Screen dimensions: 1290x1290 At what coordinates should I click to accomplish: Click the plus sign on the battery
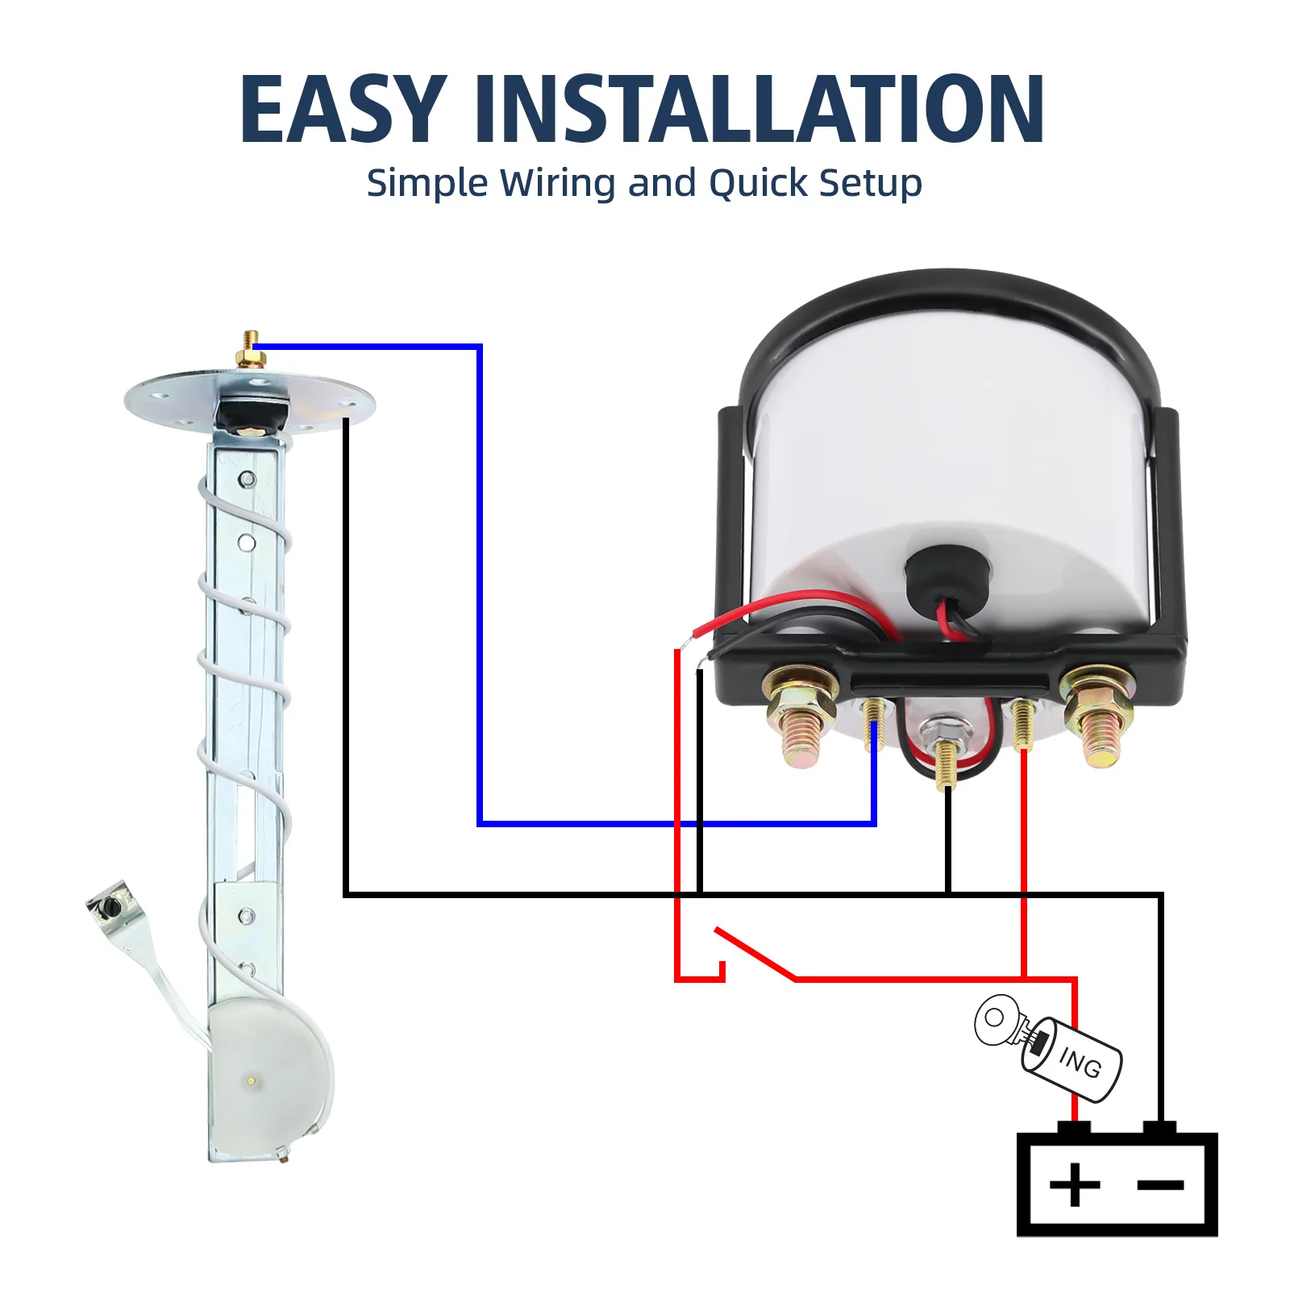tap(1075, 1184)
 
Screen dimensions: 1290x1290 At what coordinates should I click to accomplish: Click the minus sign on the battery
tap(1160, 1184)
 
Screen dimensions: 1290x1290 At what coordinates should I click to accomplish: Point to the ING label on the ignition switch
tap(1080, 1062)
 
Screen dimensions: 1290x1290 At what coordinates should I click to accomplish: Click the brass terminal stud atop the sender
tap(252, 350)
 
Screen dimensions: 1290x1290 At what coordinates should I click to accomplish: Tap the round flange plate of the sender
tap(250, 400)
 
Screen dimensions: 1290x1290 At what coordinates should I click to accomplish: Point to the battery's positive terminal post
tap(1074, 1128)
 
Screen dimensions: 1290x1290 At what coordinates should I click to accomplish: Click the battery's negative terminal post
tap(1160, 1128)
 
